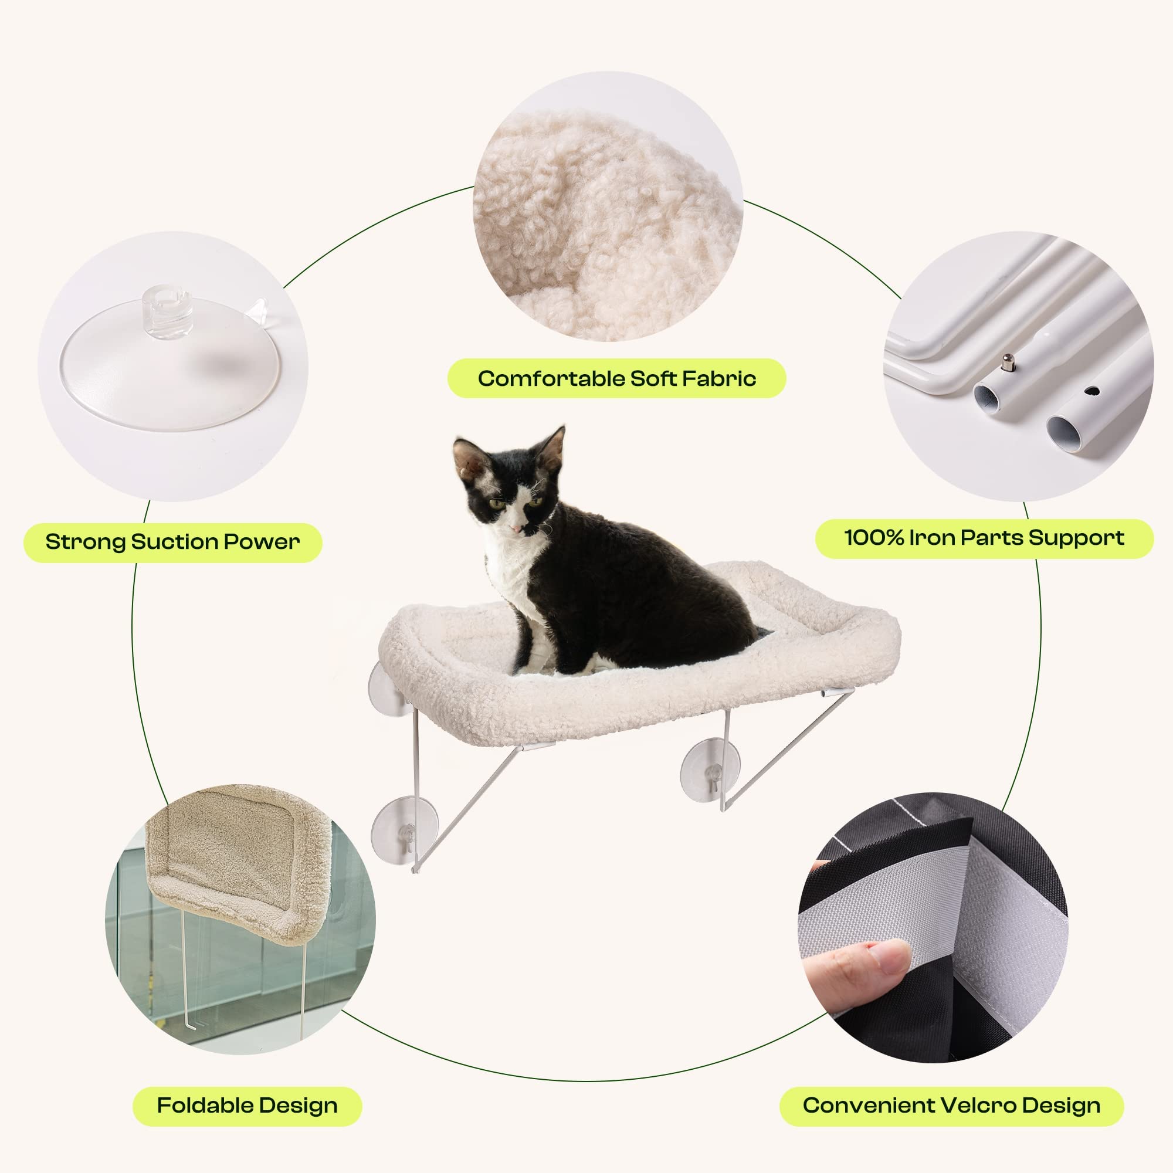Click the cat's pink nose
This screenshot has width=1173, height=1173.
click(516, 528)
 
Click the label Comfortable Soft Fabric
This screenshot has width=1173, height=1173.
click(616, 378)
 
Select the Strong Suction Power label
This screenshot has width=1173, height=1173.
click(172, 541)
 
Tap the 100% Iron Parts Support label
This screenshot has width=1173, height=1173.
click(984, 537)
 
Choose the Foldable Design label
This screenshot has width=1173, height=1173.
click(247, 1105)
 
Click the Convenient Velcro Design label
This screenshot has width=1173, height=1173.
click(951, 1105)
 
